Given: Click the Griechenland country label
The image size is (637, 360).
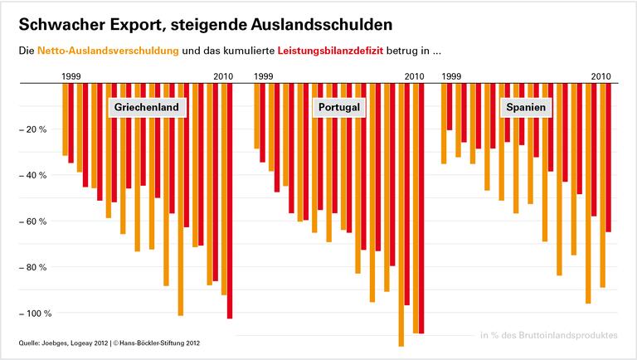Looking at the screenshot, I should pyautogui.click(x=147, y=108).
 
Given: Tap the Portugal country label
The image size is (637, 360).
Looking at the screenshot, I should pyautogui.click(x=338, y=108).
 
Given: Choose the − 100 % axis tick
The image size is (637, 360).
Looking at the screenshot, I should pyautogui.click(x=35, y=314).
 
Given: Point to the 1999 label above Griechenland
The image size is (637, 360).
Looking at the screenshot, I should pyautogui.click(x=72, y=76).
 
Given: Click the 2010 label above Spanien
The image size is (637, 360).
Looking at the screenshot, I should pyautogui.click(x=601, y=76).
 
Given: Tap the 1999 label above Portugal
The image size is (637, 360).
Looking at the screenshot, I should pyautogui.click(x=264, y=76).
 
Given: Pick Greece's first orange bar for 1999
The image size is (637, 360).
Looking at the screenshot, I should pyautogui.click(x=66, y=120).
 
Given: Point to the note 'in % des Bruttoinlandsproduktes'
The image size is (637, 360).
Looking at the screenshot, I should pyautogui.click(x=549, y=335).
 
